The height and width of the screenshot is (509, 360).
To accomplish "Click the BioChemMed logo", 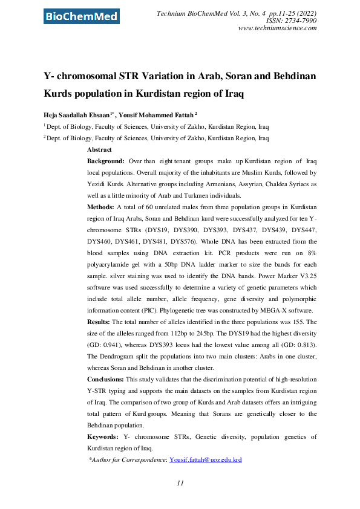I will tap(81, 16).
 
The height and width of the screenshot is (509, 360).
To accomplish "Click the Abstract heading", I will tap(99, 149).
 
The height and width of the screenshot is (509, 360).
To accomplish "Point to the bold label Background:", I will tap(106, 162).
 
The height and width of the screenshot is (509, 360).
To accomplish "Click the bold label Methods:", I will tap(101, 206).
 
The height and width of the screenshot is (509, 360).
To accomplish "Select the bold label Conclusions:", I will tap(105, 379).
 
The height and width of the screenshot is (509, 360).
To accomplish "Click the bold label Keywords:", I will tap(102, 436).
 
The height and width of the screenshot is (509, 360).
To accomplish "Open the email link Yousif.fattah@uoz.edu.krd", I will tap(206, 459).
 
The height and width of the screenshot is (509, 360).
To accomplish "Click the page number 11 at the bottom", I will tap(180, 484).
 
